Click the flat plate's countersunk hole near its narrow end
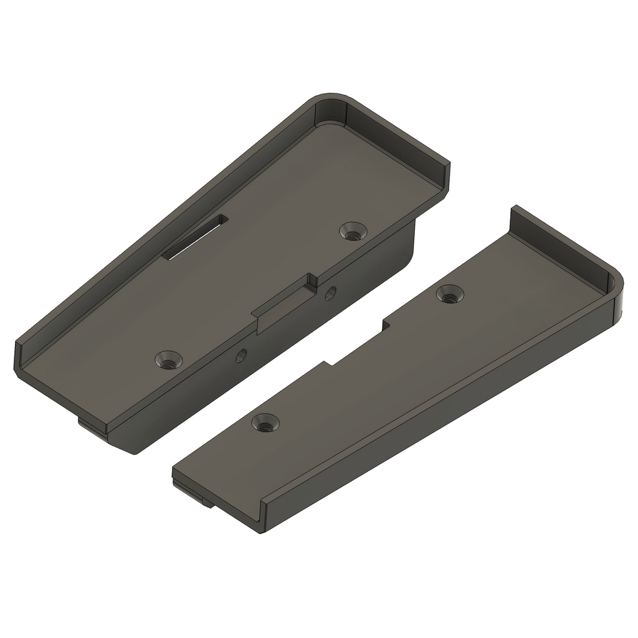(x=265, y=424)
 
